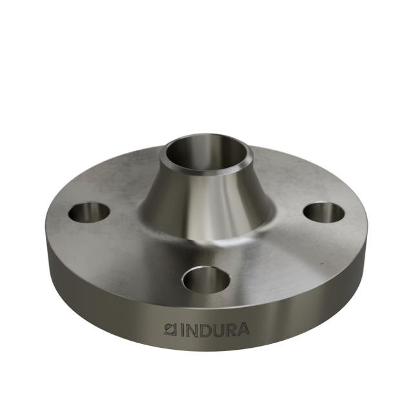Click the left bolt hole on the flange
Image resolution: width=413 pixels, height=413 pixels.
coord(90,212)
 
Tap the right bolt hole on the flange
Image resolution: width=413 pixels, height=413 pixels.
coord(323,212)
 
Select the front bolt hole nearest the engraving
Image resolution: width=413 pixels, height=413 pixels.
coord(206,280)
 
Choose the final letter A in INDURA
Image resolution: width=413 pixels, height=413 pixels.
coord(243,330)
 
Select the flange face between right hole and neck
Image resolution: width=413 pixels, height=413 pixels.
coord(287,213)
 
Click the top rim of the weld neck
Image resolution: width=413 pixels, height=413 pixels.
coord(206,136)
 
